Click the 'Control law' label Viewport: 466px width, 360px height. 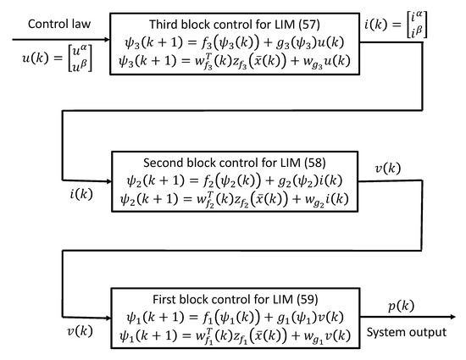(59, 24)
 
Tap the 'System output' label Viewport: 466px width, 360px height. (406, 332)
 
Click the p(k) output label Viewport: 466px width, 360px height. (401, 306)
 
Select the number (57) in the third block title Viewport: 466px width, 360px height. (308, 25)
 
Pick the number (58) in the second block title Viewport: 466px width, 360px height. (314, 163)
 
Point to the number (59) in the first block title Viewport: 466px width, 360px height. (307, 299)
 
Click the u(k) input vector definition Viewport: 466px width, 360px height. (57, 58)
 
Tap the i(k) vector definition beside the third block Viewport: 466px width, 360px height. (396, 25)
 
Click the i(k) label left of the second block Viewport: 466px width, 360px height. (81, 194)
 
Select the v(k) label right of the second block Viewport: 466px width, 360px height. (388, 169)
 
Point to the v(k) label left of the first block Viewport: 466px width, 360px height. (80, 331)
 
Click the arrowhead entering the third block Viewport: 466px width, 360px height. (107, 39)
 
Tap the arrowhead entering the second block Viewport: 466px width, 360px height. (108, 181)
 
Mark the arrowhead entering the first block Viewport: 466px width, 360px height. (108, 318)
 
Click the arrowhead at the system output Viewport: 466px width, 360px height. (452, 317)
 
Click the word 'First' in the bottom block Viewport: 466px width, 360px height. (164, 299)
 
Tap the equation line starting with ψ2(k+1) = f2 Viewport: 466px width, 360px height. (235, 180)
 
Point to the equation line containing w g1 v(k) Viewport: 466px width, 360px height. (235, 336)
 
